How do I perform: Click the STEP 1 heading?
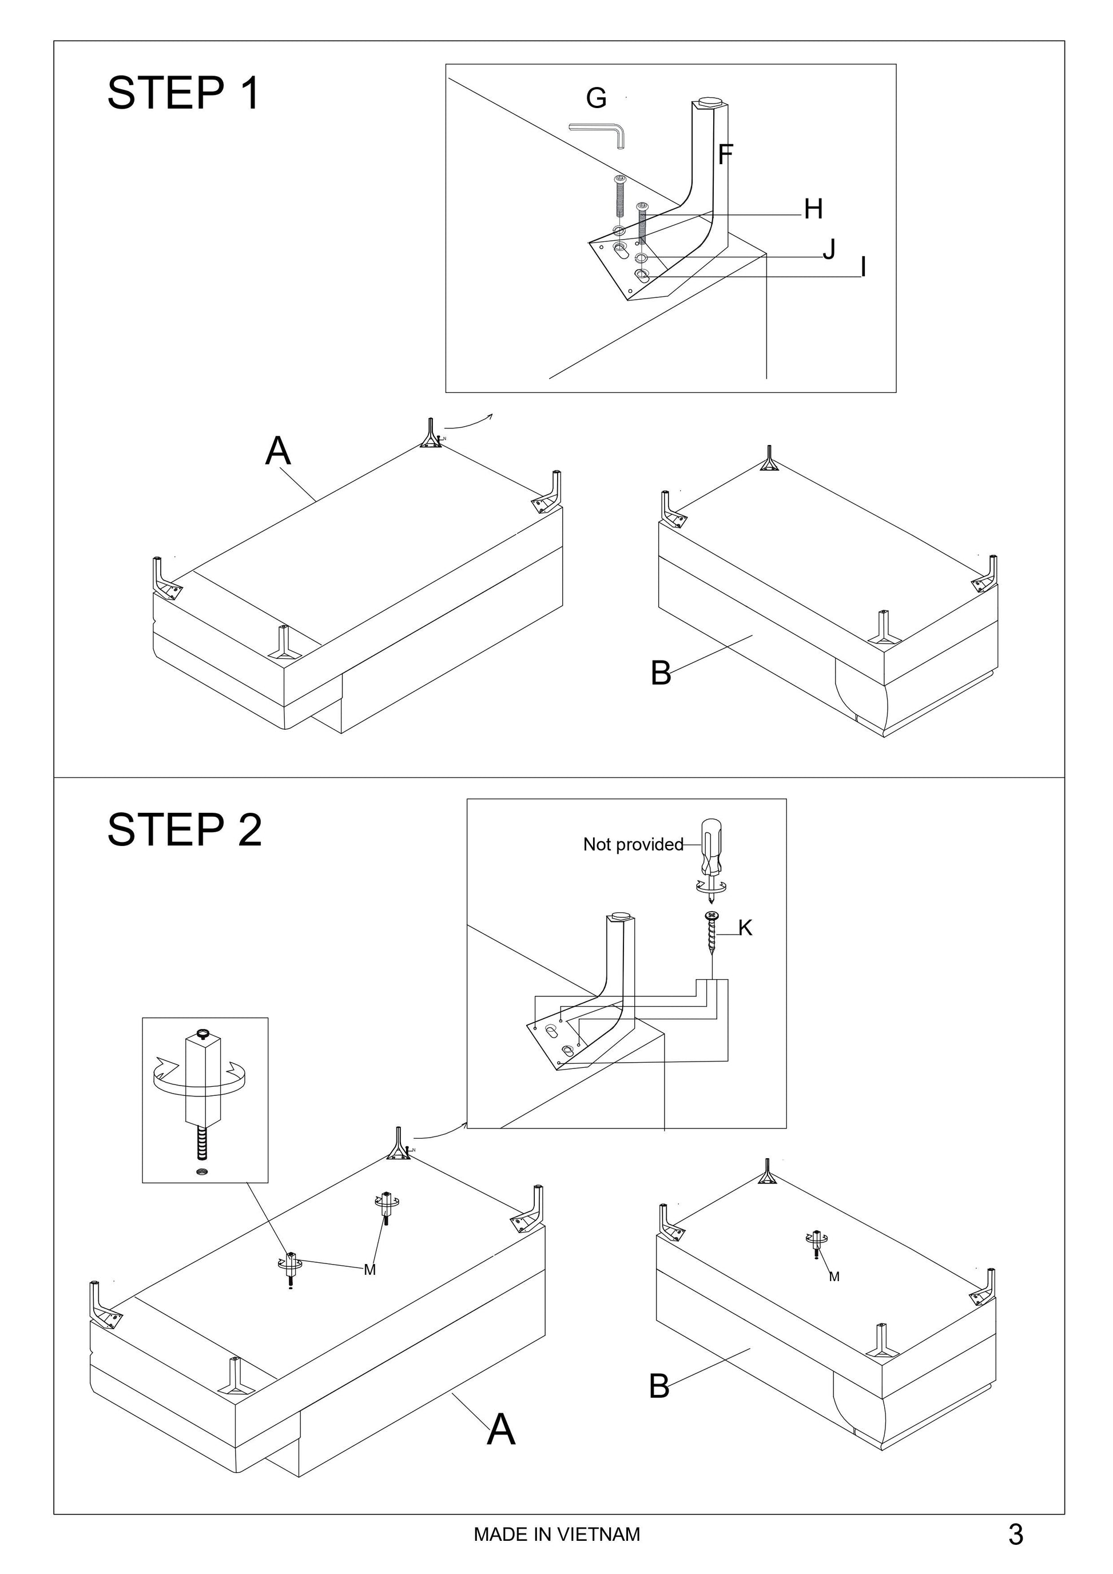click(184, 93)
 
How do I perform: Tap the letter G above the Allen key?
click(595, 99)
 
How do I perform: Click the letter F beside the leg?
click(726, 154)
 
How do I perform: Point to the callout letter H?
click(813, 209)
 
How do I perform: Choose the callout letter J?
click(829, 249)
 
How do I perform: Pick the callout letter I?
click(863, 267)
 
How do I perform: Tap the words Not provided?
click(633, 845)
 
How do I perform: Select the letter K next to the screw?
click(745, 928)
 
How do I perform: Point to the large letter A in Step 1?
click(277, 451)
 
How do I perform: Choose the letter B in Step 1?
click(661, 673)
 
